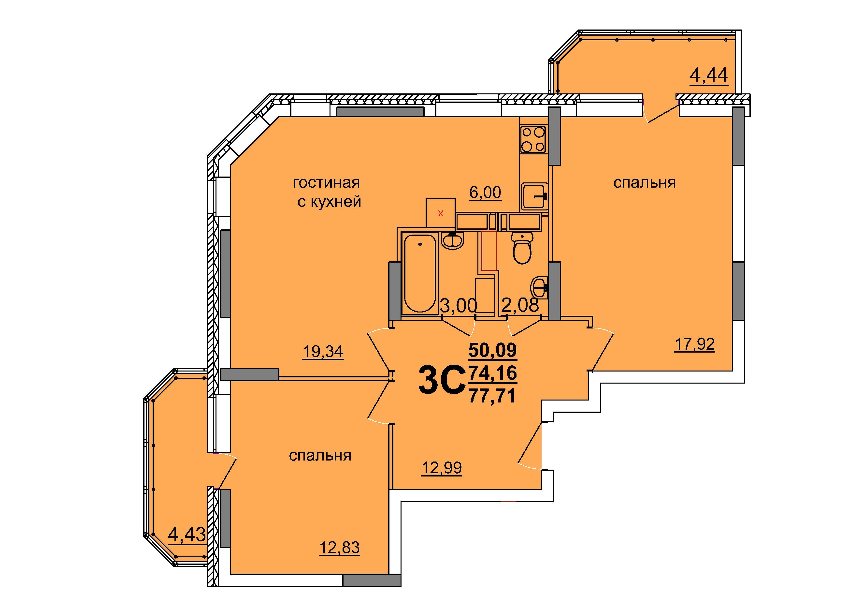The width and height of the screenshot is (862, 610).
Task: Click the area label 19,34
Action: point(323,352)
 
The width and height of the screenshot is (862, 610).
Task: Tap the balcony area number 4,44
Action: point(709,75)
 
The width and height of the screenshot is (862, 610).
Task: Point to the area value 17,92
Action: point(695,344)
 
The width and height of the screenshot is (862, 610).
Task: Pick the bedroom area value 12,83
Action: point(339,548)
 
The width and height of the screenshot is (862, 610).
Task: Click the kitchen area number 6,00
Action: point(485,193)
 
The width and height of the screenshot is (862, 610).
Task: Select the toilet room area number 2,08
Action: point(520,305)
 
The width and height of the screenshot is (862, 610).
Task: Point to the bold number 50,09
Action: point(493,350)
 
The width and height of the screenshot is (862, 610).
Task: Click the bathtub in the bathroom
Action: point(420,273)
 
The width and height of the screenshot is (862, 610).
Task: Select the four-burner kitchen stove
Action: point(533,139)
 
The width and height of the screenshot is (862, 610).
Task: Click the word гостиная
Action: point(326,183)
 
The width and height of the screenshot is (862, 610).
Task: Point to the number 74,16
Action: point(493,373)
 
